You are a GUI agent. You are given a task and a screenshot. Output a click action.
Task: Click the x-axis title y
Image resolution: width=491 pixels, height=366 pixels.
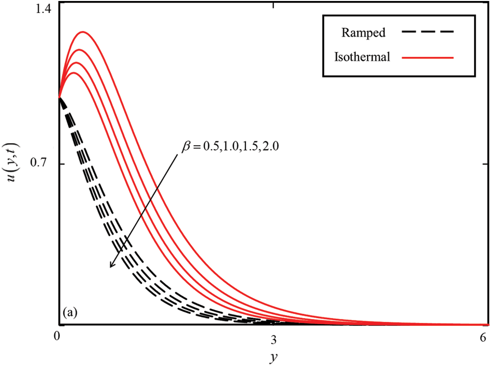[x=272, y=356]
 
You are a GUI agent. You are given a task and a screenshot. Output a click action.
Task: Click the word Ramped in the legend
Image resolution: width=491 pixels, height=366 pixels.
[x=364, y=33]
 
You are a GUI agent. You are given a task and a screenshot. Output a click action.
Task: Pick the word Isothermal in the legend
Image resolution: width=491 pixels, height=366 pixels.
[x=363, y=57]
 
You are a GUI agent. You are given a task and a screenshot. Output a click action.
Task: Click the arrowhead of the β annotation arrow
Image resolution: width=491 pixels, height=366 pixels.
[x=111, y=265]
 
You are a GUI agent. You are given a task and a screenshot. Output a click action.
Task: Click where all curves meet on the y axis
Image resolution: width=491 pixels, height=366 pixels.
[x=59, y=98]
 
